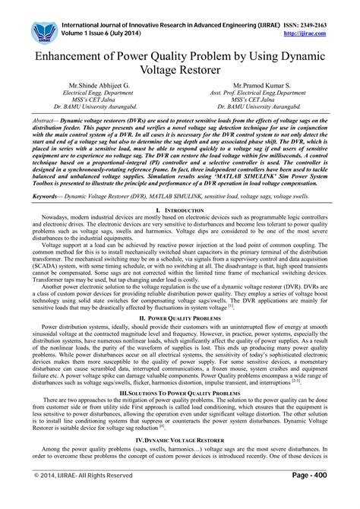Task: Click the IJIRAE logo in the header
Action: point(43,30)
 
